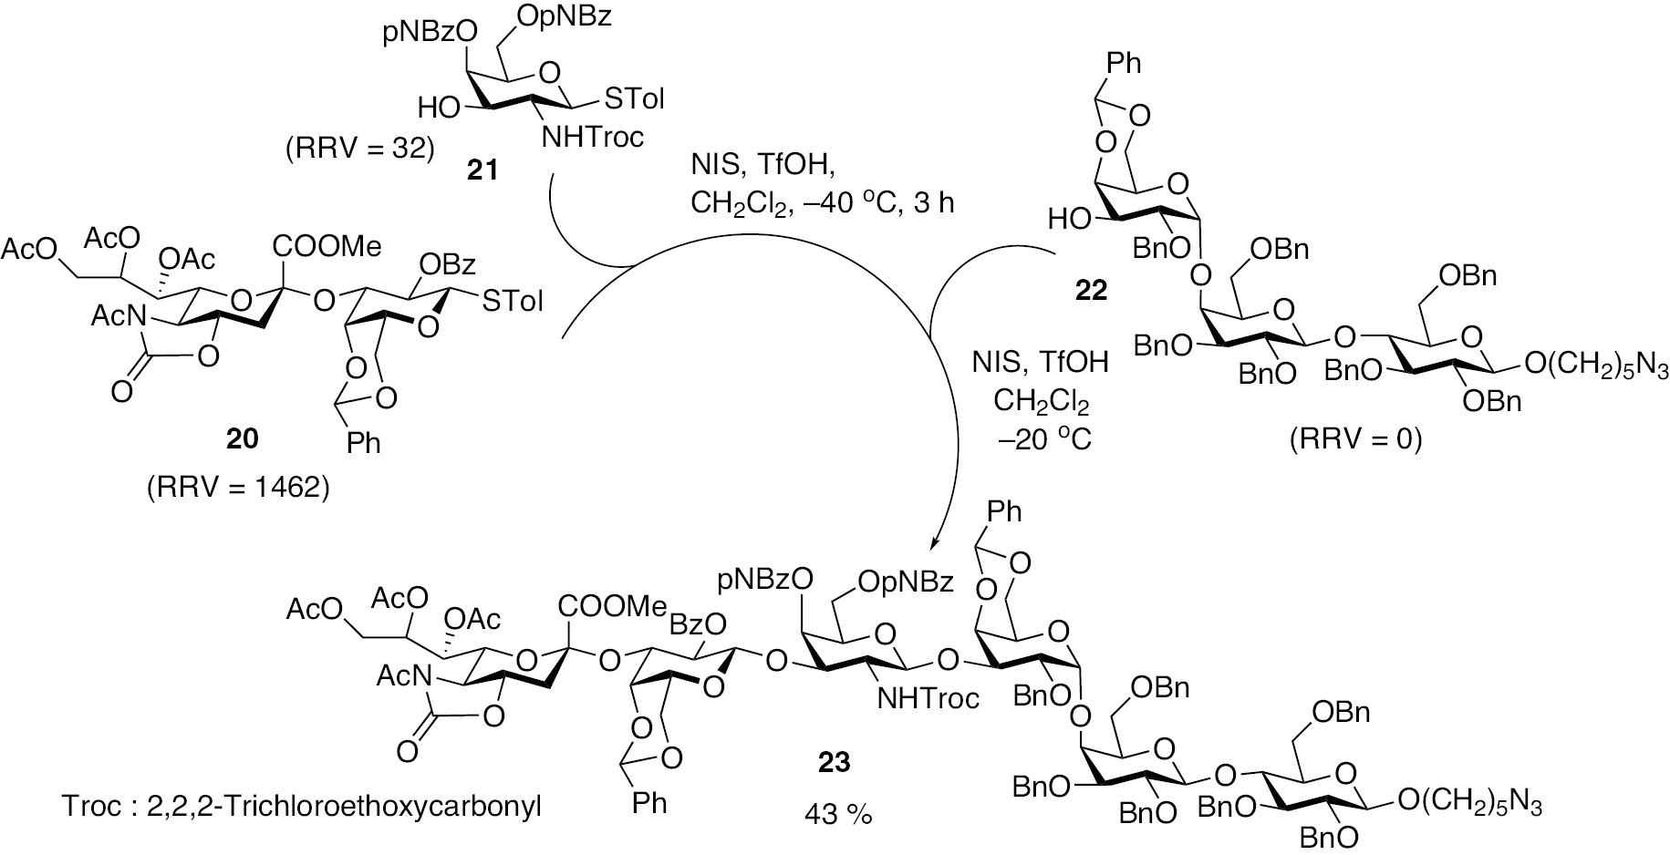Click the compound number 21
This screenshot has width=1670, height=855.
pos(482,170)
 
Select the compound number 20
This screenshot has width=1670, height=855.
pos(242,439)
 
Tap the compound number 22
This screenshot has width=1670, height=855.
pos(1091,290)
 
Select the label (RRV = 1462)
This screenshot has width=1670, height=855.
pos(238,489)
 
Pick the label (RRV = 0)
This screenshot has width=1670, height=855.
pos(1355,440)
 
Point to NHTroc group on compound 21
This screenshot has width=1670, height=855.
pos(593,138)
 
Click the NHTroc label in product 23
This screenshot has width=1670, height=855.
pos(928,699)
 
